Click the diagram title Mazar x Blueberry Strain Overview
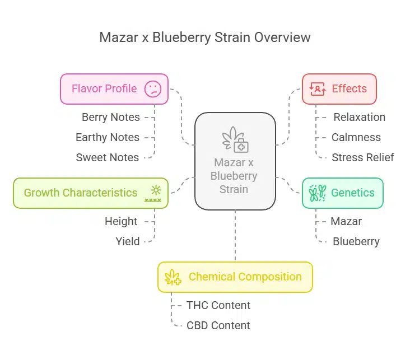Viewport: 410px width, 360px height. (204, 38)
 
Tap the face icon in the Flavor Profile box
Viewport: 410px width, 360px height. (152, 89)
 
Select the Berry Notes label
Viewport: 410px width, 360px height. (110, 117)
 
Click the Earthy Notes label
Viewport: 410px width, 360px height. (108, 137)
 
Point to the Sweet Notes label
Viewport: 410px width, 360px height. (108, 157)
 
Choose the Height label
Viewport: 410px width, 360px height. (121, 221)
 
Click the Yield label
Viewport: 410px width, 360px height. (128, 241)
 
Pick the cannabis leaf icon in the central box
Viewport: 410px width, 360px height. (235, 139)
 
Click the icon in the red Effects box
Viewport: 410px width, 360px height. (318, 88)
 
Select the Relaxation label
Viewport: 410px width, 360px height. (359, 117)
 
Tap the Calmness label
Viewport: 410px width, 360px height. (356, 137)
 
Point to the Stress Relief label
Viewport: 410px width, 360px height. (362, 157)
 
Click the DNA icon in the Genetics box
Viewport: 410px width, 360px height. (318, 193)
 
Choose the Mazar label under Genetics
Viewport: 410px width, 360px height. (346, 221)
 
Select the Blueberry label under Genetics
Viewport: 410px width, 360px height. (356, 241)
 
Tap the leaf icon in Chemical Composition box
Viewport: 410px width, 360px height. (173, 277)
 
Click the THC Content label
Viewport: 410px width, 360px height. (218, 305)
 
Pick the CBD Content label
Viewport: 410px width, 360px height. (218, 325)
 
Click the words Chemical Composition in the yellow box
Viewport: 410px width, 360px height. (245, 277)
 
